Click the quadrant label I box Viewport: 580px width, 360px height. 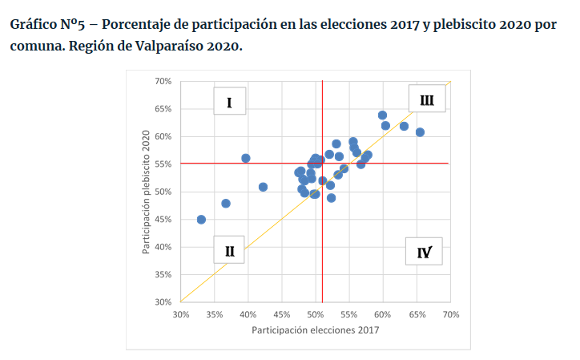coord(229,102)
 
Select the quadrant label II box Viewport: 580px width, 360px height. coord(229,251)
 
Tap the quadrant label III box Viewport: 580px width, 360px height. coord(426,100)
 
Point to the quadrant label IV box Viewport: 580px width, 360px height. coord(424,253)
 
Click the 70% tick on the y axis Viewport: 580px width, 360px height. coord(163,82)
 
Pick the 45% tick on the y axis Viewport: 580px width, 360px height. coord(163,220)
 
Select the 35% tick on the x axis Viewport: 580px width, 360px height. coord(215,315)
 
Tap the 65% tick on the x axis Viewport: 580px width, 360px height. coord(417,315)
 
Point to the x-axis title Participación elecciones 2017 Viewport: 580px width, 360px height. coord(316,330)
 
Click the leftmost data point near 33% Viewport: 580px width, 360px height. coord(201,220)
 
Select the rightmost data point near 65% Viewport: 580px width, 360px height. coord(420,132)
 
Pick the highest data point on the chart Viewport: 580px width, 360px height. coord(382,115)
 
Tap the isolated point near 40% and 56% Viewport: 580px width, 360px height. coord(246,158)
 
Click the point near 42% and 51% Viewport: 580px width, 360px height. coord(263,187)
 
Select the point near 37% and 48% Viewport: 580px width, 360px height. coord(226,204)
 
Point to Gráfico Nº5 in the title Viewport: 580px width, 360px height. coord(46,24)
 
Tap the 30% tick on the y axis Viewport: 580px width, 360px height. coord(163,302)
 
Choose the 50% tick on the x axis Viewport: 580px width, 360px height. coord(316,315)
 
